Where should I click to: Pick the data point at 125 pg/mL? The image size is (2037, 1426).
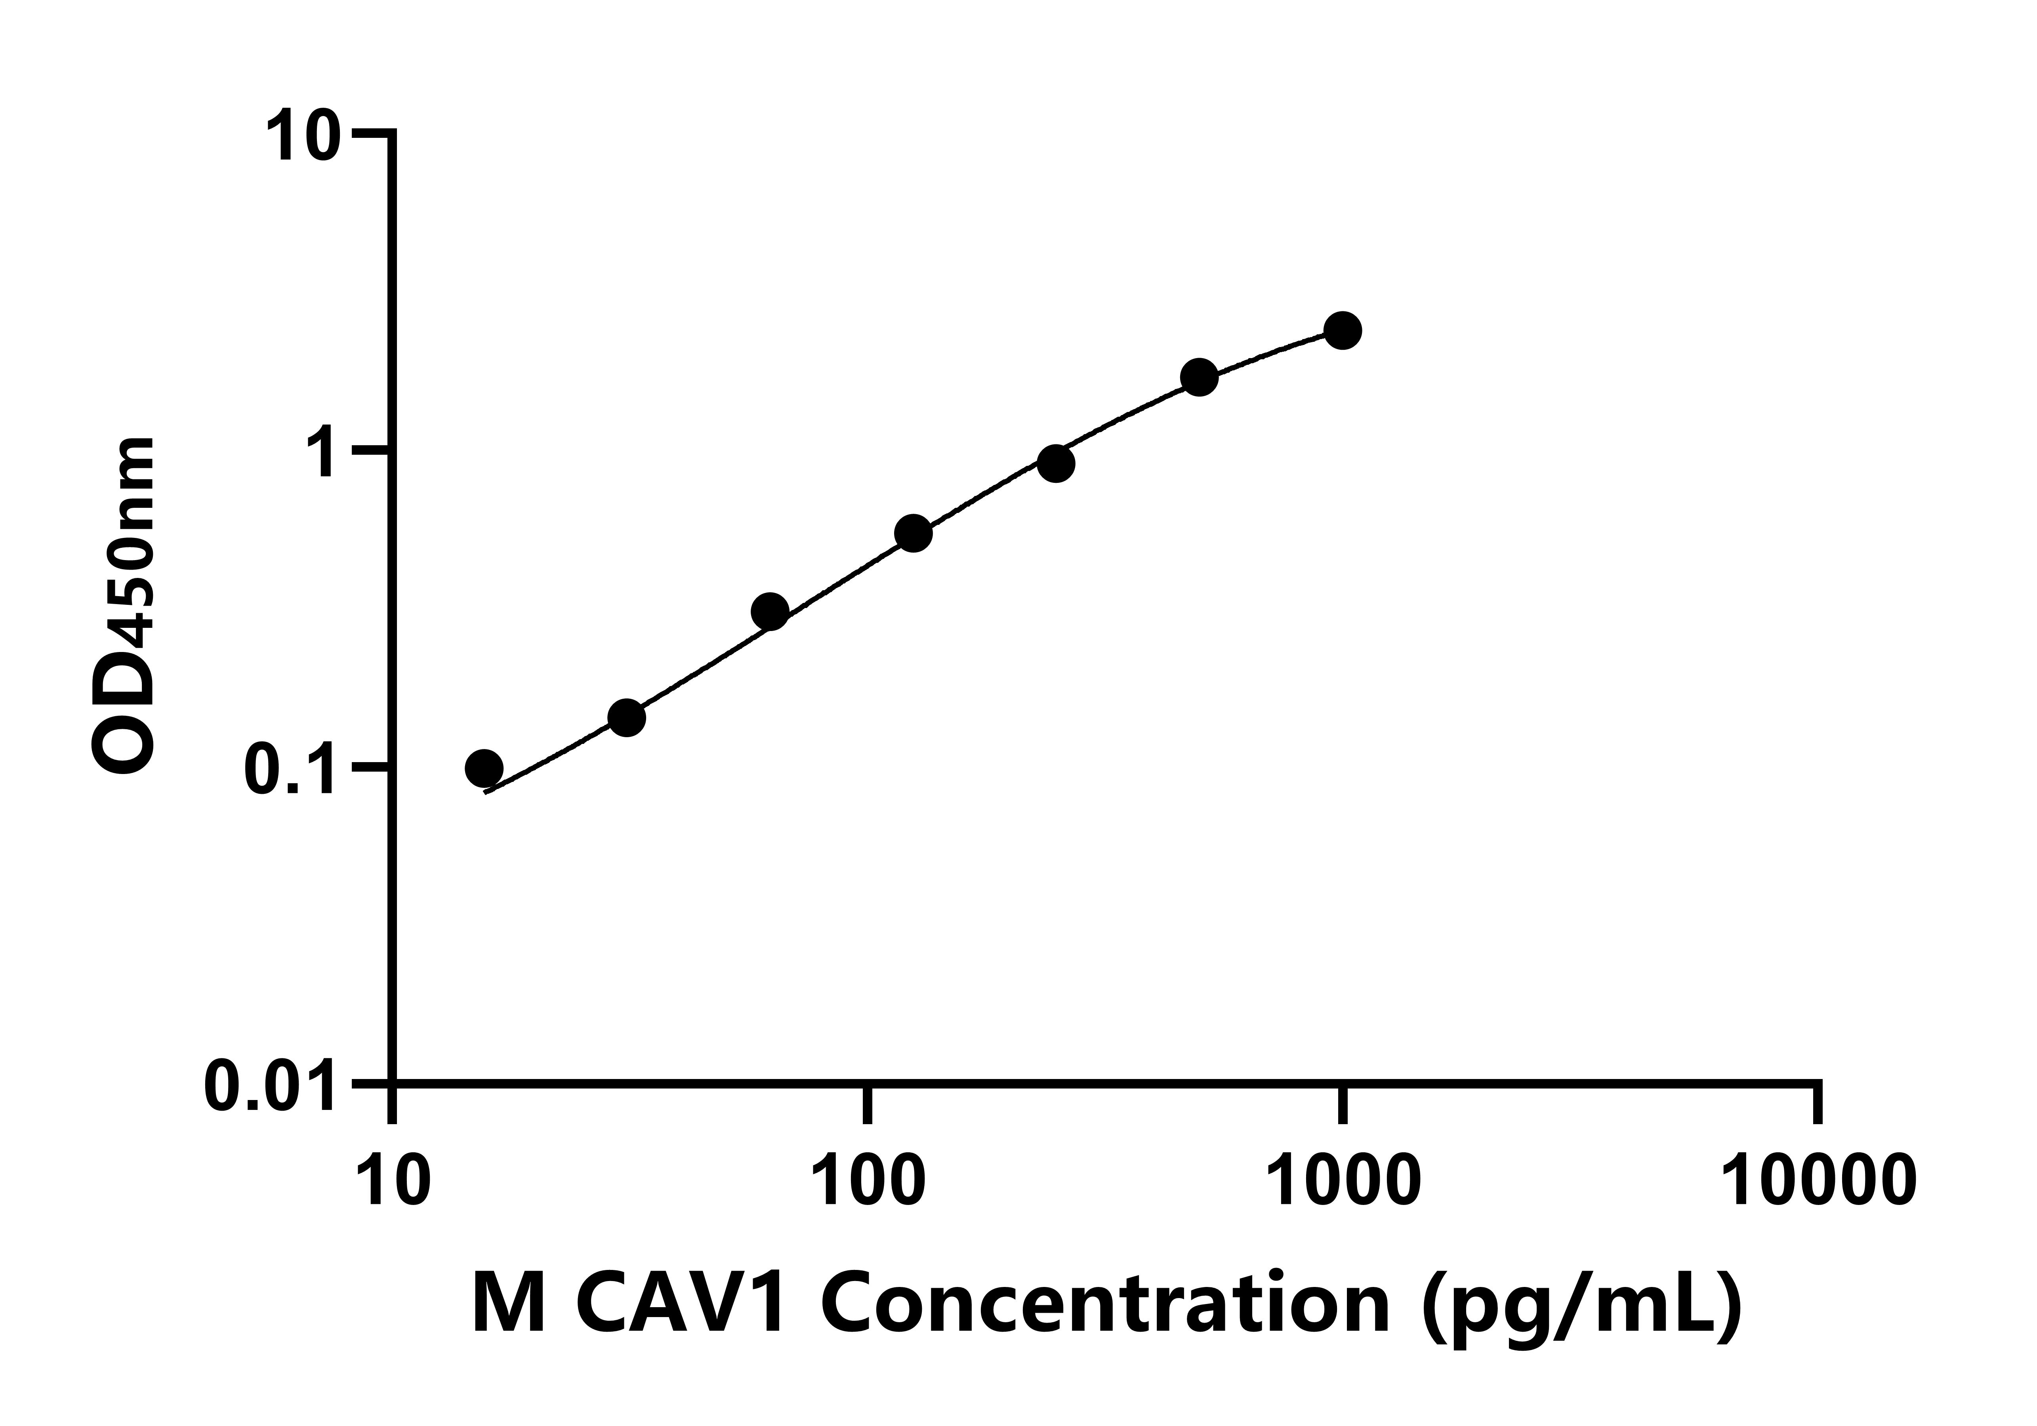click(x=913, y=533)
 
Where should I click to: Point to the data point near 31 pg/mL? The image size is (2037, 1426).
click(x=626, y=718)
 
